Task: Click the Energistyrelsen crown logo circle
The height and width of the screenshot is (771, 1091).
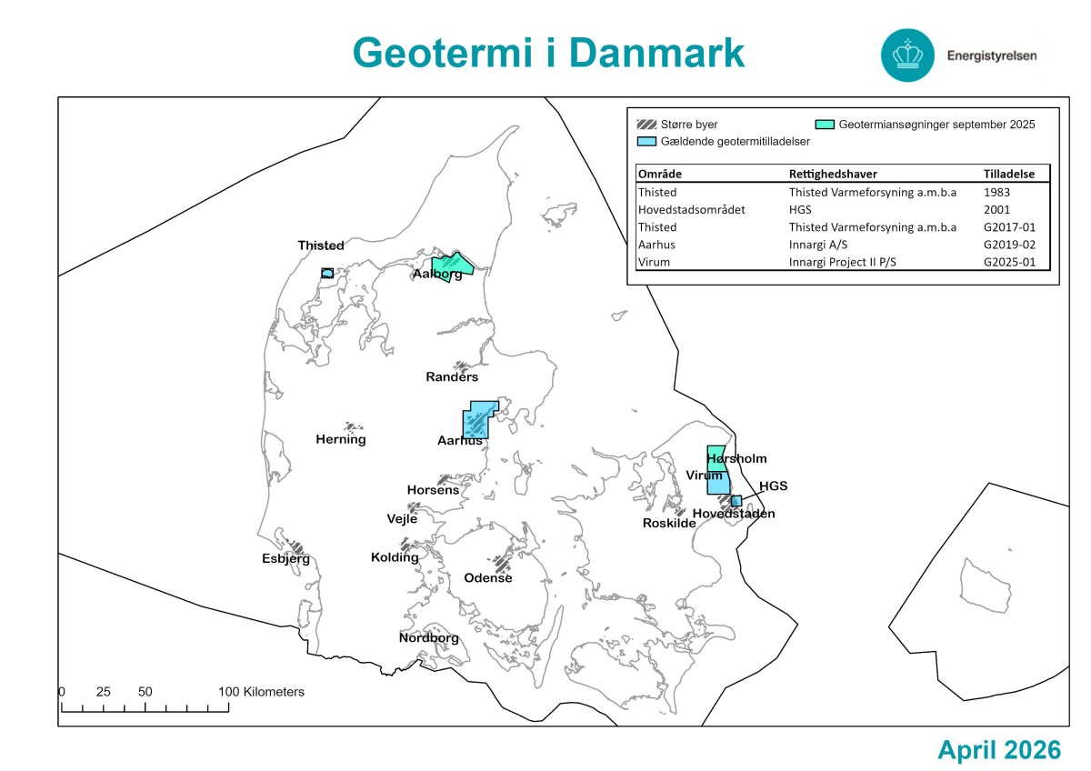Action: point(907,55)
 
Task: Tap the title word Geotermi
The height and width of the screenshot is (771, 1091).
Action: point(442,53)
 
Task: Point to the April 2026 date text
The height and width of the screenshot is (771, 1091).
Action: point(999,750)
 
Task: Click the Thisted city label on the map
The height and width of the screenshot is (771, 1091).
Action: point(321,245)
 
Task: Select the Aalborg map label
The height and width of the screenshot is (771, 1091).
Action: point(437,275)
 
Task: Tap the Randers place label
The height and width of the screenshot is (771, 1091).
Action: point(452,376)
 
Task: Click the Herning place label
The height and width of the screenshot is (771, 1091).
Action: point(341,439)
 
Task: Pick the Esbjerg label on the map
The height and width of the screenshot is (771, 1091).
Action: point(285,558)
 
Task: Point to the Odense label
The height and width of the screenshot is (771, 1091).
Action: point(488,577)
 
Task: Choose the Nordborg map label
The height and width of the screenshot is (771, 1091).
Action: point(428,637)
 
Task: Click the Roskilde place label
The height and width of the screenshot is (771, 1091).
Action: point(669,523)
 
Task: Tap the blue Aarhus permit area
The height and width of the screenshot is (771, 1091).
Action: point(478,419)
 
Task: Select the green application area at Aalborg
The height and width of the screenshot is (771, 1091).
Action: point(452,263)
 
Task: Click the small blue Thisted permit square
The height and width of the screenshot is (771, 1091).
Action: point(327,273)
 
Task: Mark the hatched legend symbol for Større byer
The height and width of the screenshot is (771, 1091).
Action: point(646,125)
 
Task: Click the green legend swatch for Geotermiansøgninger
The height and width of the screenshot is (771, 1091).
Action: point(825,125)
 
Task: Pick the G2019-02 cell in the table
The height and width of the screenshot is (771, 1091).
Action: point(1010,245)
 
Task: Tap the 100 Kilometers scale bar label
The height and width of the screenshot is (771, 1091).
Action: point(261,692)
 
